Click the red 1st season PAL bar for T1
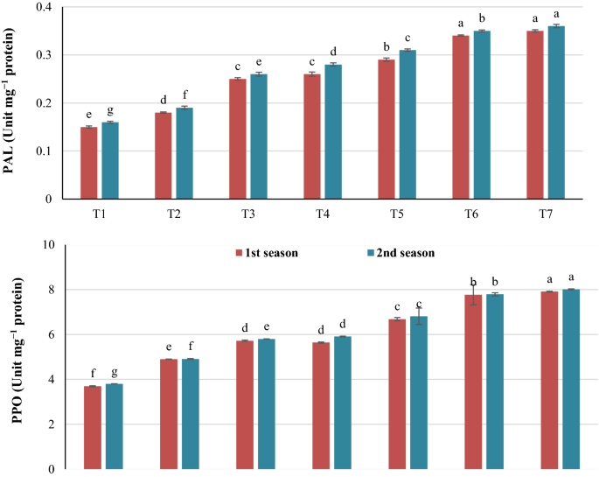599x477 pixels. [x=88, y=163]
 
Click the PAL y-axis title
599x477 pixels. [x=11, y=102]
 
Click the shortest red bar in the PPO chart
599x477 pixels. [x=93, y=427]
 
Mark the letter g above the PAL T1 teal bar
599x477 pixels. [x=110, y=111]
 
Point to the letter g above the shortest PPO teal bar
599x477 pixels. [x=115, y=374]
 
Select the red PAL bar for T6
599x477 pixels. [x=463, y=117]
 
